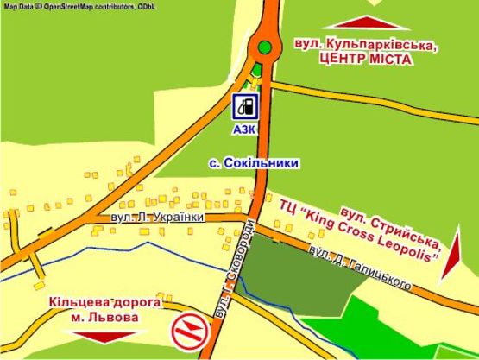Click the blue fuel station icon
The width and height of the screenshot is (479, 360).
point(245,107)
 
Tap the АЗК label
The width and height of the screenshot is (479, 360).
point(245,130)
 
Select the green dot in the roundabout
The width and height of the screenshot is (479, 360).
point(266,47)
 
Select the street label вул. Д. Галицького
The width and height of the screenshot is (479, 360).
point(360,268)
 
